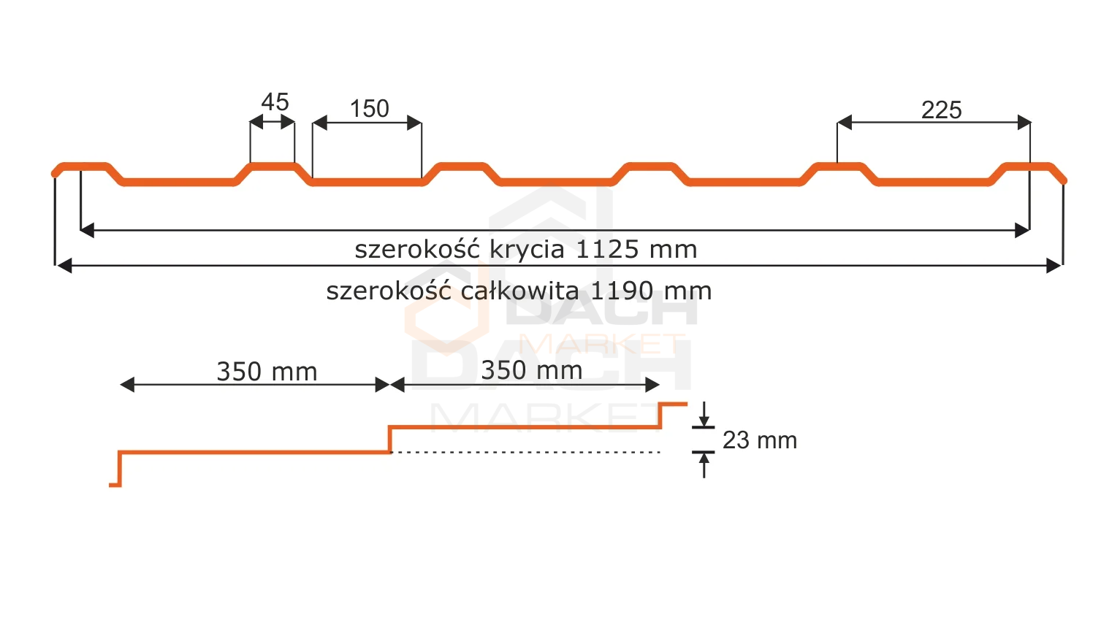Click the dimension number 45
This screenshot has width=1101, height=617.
pos(275,102)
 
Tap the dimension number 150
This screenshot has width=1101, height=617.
pos(370,109)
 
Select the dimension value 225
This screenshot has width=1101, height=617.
pos(941,110)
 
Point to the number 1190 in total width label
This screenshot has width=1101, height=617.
pos(622,291)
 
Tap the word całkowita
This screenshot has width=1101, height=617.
pos(520,291)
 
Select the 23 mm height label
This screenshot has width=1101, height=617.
pos(759,440)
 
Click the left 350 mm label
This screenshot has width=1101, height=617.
pos(267,372)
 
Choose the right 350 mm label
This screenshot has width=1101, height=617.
pos(531,370)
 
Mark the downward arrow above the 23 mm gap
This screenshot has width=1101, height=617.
pos(704,414)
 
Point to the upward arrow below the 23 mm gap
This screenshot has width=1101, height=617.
pos(704,464)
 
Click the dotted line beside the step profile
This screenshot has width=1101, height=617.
pos(525,452)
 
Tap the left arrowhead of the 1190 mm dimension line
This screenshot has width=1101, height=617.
pos(64,266)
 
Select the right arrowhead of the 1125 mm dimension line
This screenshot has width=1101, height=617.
pos(1022,230)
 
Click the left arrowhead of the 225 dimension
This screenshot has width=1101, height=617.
pos(845,122)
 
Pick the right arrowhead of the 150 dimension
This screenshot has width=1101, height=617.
pos(414,123)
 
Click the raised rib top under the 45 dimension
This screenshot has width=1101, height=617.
pos(273,166)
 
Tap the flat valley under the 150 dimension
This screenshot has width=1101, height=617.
pos(367,183)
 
